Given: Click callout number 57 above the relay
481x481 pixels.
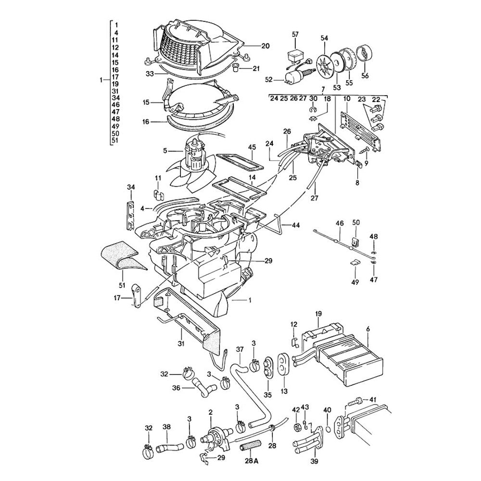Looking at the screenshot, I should coord(295,34).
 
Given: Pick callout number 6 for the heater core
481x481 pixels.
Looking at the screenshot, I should coord(368,329).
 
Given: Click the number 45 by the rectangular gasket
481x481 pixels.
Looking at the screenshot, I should coord(251,147).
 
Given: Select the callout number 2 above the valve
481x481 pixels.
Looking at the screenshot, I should coord(210,412).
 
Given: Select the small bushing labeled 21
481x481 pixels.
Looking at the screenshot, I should coord(236,67).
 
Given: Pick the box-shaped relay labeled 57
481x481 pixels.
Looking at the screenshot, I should coord(295,57).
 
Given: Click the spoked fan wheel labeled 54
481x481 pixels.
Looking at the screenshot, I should coord(324,65).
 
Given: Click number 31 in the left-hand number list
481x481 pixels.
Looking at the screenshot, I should coord(115,91).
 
